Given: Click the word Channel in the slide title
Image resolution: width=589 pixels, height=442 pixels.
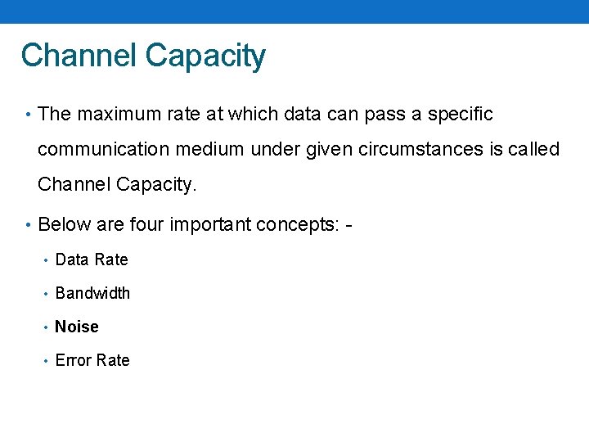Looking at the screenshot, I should point(79,56).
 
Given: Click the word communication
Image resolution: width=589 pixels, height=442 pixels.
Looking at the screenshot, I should point(101,150).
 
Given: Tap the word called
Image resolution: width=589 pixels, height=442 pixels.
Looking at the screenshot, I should point(534,150).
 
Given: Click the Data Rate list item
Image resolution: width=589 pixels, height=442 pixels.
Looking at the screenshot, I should point(92,259).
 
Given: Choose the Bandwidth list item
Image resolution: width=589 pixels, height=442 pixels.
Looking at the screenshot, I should point(92,293).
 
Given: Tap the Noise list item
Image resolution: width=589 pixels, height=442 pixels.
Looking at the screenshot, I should point(77,327).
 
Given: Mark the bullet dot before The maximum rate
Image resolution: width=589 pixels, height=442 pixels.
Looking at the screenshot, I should point(28,115).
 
